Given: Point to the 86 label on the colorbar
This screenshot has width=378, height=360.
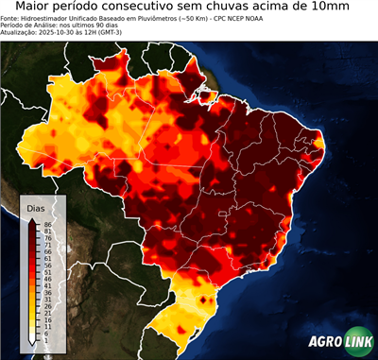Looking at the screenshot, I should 47,224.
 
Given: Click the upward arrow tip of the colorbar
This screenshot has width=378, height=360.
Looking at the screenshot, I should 32,219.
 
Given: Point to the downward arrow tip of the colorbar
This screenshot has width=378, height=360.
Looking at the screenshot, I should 32,344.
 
